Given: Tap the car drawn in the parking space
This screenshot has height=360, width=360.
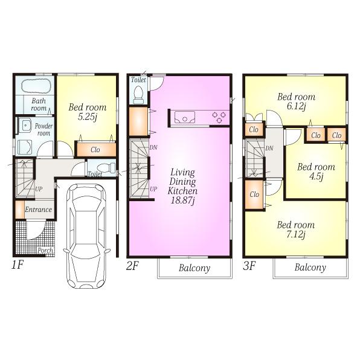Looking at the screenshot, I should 85,236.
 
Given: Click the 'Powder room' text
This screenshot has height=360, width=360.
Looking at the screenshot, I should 43,129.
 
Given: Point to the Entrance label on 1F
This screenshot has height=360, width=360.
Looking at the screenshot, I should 39,210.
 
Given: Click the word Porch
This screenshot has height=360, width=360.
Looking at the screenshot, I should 44,249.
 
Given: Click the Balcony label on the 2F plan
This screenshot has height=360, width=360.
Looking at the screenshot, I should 194,268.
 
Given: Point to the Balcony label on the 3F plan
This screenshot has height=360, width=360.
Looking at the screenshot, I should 310,268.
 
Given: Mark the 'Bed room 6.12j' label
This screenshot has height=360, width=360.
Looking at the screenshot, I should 296,101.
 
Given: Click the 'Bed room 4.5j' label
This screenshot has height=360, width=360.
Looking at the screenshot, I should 315,172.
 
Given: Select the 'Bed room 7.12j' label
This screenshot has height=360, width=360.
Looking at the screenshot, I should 295,230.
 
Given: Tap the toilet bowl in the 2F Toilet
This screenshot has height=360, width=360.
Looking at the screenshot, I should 138,94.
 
